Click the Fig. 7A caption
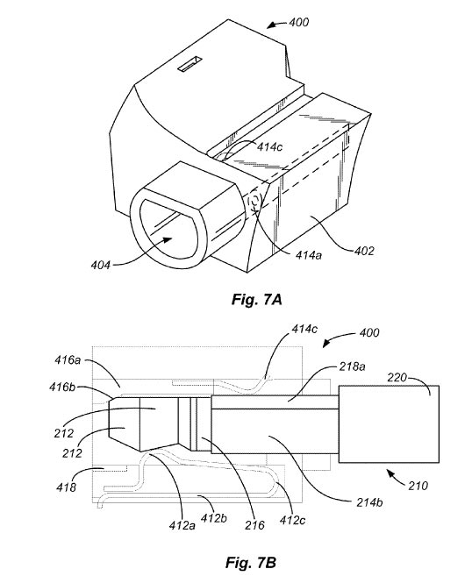[256, 300]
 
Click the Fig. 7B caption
[251, 562]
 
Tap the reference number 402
[364, 252]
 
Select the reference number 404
[101, 265]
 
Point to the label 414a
[309, 255]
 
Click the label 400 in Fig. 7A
[299, 23]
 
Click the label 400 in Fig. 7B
[368, 333]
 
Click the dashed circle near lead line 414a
[254, 202]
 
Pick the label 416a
[68, 360]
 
